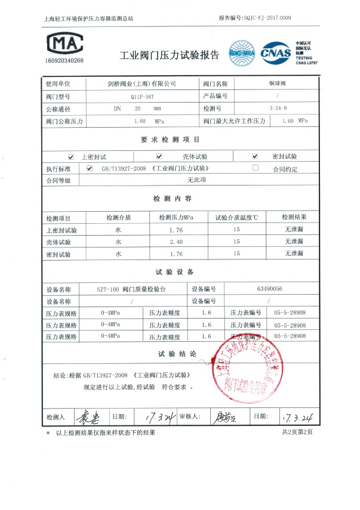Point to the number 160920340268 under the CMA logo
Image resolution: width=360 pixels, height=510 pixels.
(x=64, y=61)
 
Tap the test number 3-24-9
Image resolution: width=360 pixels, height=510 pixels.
(x=278, y=109)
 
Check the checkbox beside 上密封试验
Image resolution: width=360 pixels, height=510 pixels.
(x=72, y=156)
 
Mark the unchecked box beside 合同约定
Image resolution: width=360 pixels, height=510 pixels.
(x=256, y=168)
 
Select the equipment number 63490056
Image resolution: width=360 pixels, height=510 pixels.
(x=269, y=289)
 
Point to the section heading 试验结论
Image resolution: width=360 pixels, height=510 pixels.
(x=177, y=354)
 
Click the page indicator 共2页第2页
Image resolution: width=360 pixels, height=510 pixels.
(x=296, y=432)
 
